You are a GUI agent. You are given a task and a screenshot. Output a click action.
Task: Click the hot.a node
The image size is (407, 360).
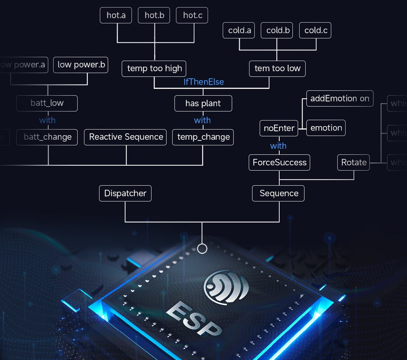(x=116, y=15)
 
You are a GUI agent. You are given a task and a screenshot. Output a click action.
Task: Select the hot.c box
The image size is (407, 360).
(x=192, y=15)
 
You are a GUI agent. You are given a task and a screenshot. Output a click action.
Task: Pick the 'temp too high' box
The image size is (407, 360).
(x=154, y=69)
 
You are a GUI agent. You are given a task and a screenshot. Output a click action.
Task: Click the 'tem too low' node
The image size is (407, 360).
(x=277, y=69)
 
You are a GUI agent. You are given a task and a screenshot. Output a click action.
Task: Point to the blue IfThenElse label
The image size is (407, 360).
(x=203, y=82)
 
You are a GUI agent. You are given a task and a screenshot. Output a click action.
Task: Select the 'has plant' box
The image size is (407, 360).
(x=203, y=103)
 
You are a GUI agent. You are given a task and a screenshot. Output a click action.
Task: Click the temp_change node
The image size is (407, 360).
(x=203, y=137)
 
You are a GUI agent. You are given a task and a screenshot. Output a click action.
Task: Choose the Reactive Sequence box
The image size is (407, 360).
(x=126, y=137)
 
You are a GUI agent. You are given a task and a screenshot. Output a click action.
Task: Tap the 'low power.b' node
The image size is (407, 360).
(x=81, y=65)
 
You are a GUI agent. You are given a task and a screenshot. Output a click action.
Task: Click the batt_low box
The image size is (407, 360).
(x=47, y=103)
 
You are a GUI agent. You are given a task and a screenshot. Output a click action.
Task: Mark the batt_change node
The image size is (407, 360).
(x=47, y=137)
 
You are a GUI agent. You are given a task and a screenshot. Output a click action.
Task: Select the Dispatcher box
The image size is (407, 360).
(x=125, y=193)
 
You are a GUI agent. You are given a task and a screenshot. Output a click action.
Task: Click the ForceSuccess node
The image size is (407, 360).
(x=279, y=162)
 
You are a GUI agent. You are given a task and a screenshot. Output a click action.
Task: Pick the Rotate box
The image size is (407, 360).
(x=353, y=162)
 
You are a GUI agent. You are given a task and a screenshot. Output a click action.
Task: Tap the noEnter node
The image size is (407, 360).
(x=279, y=128)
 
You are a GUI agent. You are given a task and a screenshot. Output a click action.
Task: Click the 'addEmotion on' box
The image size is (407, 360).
(x=340, y=98)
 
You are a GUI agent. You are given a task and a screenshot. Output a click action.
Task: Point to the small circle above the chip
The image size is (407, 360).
(x=202, y=249)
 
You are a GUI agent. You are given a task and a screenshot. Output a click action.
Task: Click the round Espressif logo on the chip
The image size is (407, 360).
(x=226, y=287)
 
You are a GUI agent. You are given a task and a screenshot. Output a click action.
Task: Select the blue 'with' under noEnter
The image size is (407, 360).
(x=278, y=146)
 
